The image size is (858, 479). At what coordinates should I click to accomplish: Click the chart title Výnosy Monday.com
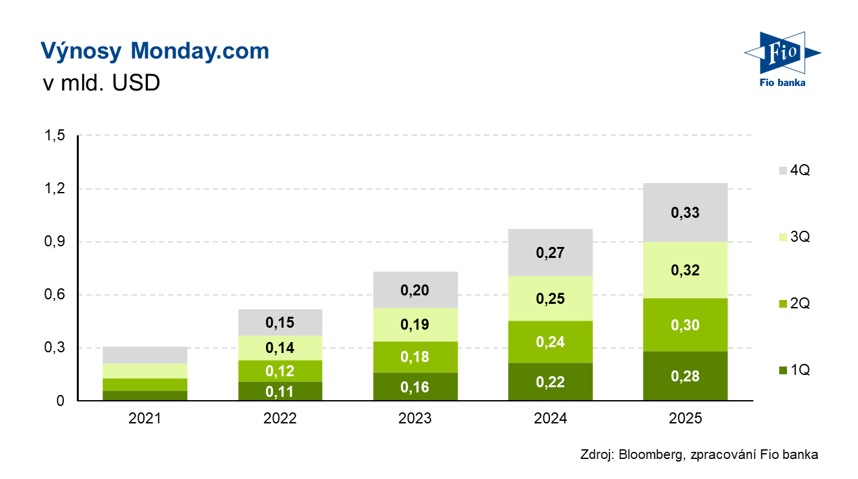coord(155,51)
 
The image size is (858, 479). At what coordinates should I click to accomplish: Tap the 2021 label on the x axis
coord(145,418)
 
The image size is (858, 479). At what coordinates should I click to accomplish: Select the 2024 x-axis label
coord(550,418)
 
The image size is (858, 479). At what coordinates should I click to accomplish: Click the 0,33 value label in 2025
coord(685,213)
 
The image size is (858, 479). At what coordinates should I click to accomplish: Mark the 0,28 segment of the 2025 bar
coord(685,376)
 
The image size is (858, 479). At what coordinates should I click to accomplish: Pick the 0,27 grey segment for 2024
coord(550,253)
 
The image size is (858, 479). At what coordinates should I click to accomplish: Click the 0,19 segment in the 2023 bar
coord(415,325)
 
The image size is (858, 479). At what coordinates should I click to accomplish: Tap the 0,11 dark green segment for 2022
coord(280,391)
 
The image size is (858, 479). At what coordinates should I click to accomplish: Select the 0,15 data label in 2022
coord(280,322)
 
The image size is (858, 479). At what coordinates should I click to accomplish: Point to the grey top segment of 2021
coord(145,355)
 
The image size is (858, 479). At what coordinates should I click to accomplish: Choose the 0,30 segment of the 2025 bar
coord(685,325)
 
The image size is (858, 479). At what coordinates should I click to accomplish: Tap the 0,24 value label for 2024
coord(550,342)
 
